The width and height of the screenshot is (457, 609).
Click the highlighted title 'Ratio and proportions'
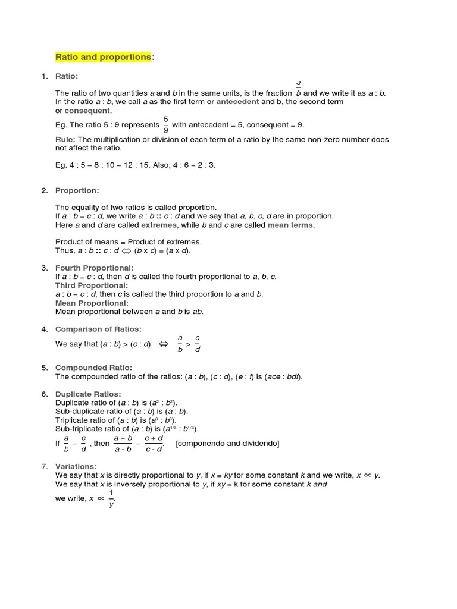coord(104,57)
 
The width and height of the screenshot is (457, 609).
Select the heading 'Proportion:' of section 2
coord(77,190)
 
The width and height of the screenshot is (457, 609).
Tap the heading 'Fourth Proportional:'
coord(95,268)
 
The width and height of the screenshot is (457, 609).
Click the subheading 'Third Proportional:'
coord(92,285)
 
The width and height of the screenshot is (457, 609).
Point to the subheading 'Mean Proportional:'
coord(92,303)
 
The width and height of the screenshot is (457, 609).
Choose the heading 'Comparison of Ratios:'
coord(98,329)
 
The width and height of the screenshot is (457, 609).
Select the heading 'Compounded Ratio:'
coord(93,368)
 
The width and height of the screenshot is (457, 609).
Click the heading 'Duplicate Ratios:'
coord(88,394)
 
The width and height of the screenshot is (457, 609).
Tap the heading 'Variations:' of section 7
coord(76,467)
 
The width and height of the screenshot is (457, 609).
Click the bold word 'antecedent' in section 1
coord(237,102)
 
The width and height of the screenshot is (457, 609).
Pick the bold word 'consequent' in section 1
coord(87,111)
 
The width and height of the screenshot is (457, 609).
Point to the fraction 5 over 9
coord(165,125)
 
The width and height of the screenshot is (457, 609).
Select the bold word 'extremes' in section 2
coord(159,225)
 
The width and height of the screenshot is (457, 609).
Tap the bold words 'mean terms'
coord(291,225)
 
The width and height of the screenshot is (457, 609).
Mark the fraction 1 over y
coord(111,498)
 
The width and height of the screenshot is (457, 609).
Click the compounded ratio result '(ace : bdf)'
coord(283,376)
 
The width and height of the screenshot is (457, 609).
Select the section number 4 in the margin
coord(44,329)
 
